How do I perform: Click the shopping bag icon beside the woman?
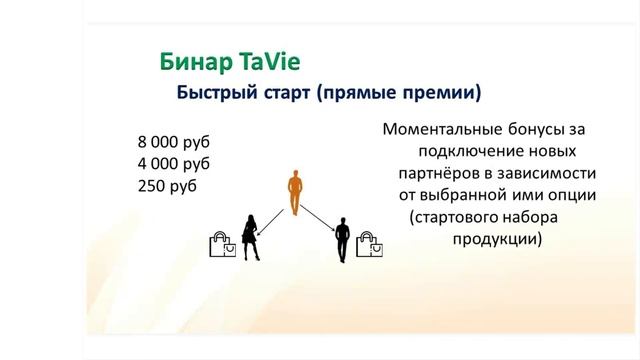pos(222,245)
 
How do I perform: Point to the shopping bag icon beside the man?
pos(369,243)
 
